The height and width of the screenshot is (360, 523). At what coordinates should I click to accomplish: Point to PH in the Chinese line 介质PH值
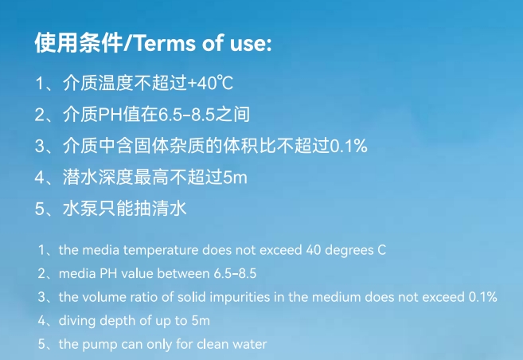pyautogui.click(x=108, y=115)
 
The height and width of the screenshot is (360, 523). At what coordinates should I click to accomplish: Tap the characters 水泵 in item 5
pyautogui.click(x=77, y=209)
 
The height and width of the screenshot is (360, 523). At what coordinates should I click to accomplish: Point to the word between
pyautogui.click(x=185, y=273)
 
